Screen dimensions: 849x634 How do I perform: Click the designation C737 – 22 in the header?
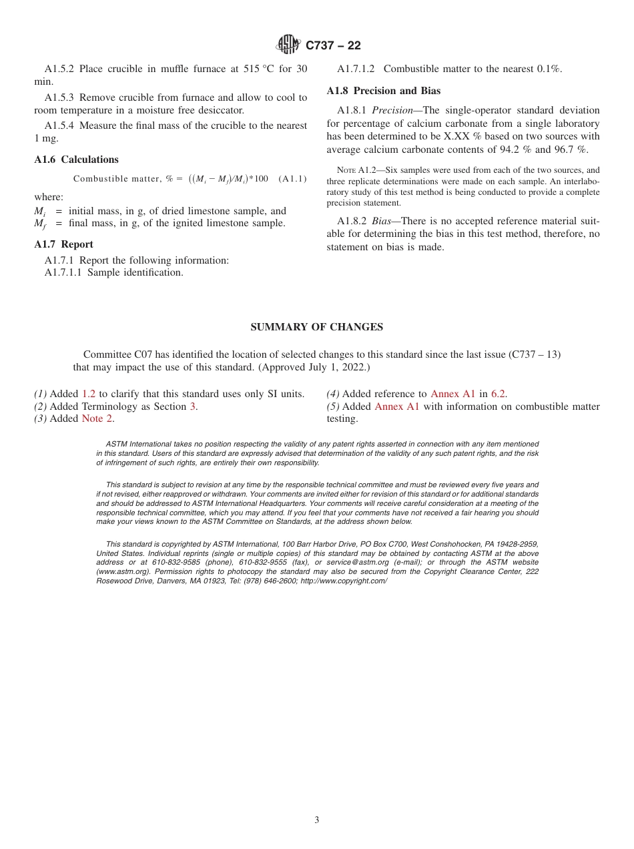[333, 46]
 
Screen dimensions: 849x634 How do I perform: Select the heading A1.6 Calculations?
[76, 160]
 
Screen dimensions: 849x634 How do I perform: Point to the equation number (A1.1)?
[292, 179]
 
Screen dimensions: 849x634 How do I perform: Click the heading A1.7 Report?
[63, 244]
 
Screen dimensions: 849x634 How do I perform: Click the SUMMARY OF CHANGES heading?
[316, 327]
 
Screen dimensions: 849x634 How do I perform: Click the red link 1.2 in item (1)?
[89, 394]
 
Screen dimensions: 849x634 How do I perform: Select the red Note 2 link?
[97, 419]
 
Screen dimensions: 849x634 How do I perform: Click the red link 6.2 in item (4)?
[498, 394]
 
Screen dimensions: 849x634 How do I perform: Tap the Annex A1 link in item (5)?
[397, 406]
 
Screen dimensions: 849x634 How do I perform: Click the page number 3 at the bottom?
[317, 820]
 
